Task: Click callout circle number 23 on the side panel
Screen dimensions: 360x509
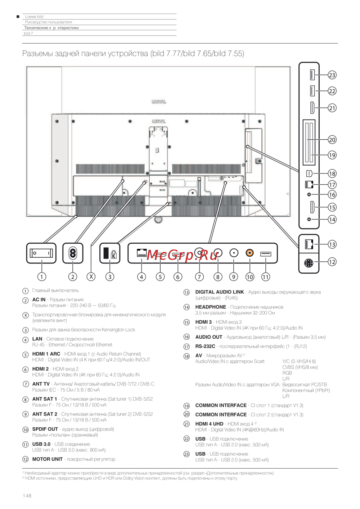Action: click(332, 75)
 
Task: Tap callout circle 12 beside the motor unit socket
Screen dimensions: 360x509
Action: click(332, 262)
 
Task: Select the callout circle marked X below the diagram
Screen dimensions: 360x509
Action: click(91, 277)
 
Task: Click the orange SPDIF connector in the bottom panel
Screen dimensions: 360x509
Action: click(249, 253)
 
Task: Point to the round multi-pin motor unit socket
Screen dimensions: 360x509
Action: click(309, 263)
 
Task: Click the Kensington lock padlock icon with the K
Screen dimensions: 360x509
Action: click(114, 254)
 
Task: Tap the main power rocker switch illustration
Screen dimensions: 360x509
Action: click(41, 253)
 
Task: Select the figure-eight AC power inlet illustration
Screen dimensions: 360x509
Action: click(73, 253)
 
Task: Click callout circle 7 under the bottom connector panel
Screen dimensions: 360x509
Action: click(199, 277)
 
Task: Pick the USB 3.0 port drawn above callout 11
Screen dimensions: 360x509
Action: click(266, 254)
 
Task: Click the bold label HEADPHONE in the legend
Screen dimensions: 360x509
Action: click(211, 307)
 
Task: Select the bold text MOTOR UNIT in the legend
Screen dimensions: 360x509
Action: click(47, 459)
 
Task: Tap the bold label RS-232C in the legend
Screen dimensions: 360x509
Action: click(205, 346)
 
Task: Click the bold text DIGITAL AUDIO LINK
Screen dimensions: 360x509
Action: click(219, 292)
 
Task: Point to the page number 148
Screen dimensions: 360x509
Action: click(27, 496)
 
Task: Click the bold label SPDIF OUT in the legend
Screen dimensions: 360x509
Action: click(45, 429)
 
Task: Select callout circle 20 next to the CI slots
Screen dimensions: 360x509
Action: click(332, 140)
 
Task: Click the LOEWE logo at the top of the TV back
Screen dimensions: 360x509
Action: click(159, 102)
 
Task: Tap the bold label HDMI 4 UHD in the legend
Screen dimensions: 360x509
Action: click(209, 424)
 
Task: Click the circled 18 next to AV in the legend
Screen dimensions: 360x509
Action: click(186, 356)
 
